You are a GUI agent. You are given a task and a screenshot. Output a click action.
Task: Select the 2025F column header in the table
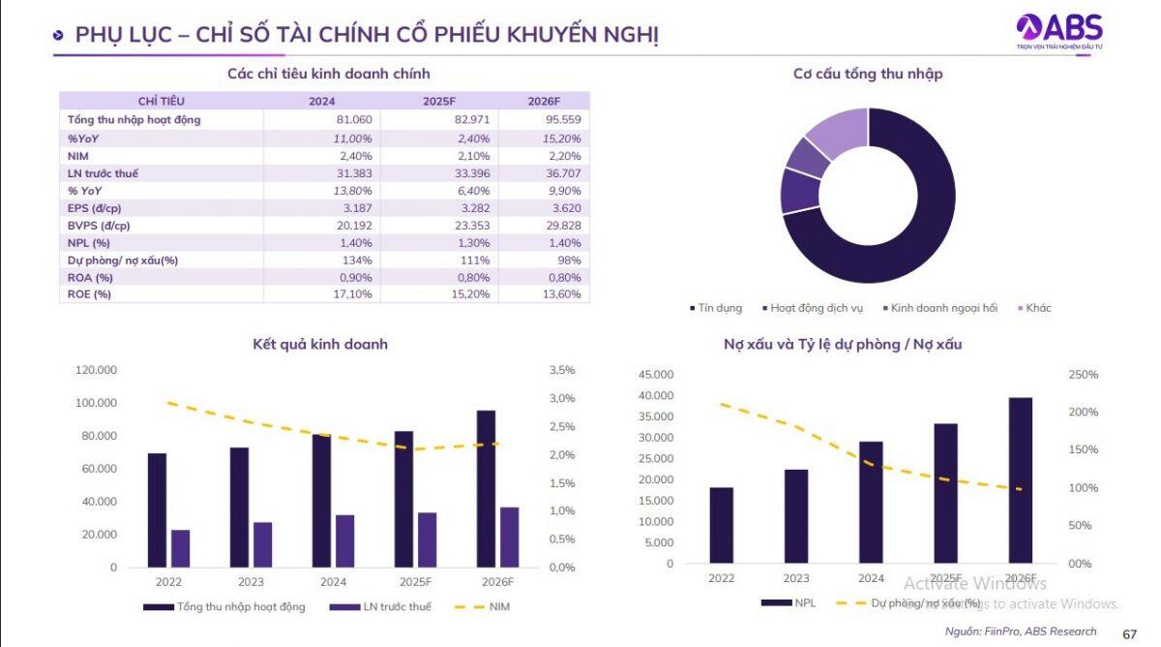[440, 101]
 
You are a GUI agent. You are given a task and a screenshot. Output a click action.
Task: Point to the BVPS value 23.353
[469, 225]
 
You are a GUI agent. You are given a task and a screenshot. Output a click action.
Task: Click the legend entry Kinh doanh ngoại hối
[942, 308]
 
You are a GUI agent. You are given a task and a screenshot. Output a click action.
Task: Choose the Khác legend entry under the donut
[1036, 308]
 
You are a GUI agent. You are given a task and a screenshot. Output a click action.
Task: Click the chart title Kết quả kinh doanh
[319, 344]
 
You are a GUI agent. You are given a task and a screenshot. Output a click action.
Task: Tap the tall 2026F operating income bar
[486, 489]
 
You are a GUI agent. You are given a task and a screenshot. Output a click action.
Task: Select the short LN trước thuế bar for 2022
[181, 548]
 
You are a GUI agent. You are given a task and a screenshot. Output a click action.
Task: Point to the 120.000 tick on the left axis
[97, 370]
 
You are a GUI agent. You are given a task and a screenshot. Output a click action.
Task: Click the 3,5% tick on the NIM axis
[561, 370]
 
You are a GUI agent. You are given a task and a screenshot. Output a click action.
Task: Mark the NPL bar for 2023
[795, 516]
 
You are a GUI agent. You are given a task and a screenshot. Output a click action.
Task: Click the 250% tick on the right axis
[1083, 375]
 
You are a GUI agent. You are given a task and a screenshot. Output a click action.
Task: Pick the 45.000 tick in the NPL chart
[656, 375]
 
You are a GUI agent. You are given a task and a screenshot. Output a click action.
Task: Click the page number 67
[1129, 634]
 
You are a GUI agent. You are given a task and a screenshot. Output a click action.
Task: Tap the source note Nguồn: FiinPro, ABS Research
[1021, 632]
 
